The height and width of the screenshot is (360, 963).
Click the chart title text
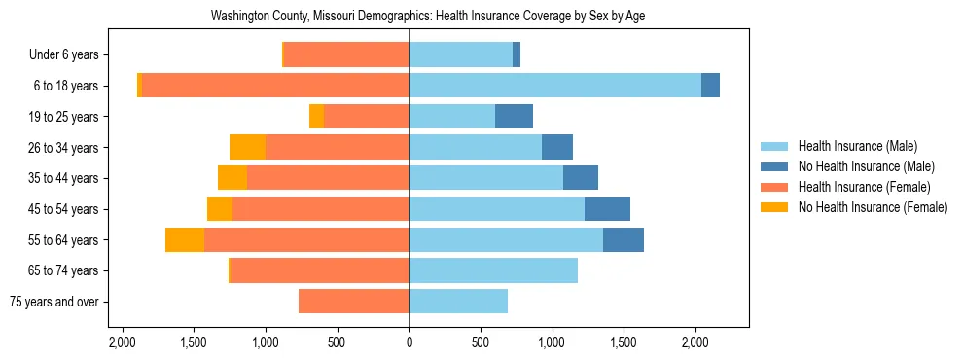(x=428, y=17)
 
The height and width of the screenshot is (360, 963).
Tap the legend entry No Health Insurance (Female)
(x=873, y=207)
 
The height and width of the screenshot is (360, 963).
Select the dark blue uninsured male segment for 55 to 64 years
(x=624, y=240)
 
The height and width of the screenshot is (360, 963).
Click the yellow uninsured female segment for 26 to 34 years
(x=247, y=147)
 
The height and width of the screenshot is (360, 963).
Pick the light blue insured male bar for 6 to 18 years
(x=554, y=86)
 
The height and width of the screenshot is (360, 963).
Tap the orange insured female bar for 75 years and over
(x=353, y=302)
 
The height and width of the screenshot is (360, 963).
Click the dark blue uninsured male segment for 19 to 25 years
(x=514, y=117)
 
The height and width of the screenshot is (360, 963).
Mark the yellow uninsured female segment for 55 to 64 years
(x=185, y=240)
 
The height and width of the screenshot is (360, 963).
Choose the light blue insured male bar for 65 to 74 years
(x=493, y=270)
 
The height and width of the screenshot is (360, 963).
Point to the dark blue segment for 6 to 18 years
(x=710, y=86)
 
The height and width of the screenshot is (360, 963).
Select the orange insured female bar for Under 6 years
(x=346, y=55)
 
